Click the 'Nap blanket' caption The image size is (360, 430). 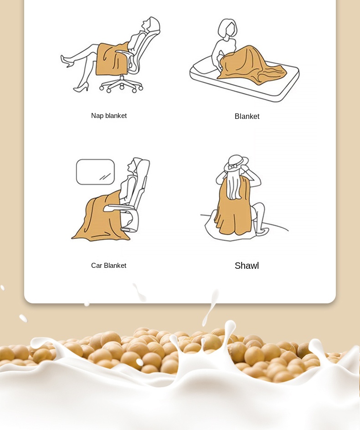tap(108, 116)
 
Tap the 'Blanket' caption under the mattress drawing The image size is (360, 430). tap(247, 116)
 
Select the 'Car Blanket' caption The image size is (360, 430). tap(108, 266)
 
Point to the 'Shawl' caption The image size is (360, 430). tap(247, 266)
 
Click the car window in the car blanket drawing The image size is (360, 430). tap(95, 172)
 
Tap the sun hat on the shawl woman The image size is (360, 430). tap(236, 163)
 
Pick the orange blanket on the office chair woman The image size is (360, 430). tap(112, 59)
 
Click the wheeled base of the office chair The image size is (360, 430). tap(121, 85)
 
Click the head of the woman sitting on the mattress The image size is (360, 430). tap(227, 29)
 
